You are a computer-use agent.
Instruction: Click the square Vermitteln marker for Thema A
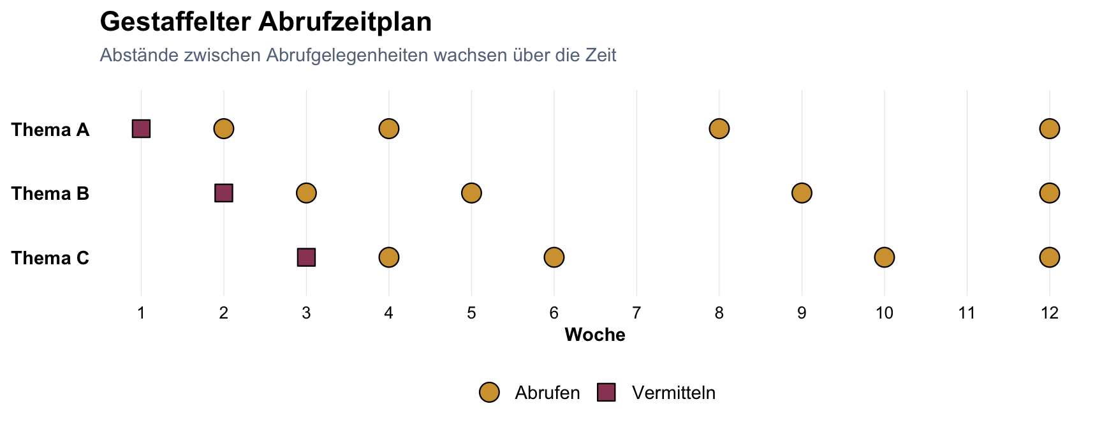pos(141,128)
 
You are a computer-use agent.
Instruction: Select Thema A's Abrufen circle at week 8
pos(719,128)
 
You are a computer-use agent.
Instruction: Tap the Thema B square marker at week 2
pos(224,193)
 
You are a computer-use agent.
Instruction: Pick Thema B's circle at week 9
pos(802,193)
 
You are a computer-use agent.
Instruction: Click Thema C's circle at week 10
pos(884,257)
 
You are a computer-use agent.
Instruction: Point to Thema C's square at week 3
pos(306,257)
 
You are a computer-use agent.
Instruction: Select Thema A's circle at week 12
pos(1049,128)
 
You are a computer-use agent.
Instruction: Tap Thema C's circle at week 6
pos(554,257)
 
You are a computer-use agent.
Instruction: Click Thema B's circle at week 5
pos(471,193)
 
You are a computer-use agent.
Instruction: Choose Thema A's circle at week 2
pos(224,128)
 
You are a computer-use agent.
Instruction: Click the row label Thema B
pos(50,193)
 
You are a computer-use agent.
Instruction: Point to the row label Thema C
pos(50,258)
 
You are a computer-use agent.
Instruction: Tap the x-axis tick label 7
pos(636,313)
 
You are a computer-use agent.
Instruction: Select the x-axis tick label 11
pos(967,313)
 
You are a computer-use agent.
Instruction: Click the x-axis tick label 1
pos(141,313)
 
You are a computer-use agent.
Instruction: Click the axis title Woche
pos(595,335)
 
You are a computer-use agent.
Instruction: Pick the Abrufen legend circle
pos(489,393)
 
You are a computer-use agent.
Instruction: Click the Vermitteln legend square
pos(606,393)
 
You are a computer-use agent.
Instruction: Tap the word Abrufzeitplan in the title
pos(345,22)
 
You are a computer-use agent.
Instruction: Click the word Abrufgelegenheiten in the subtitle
pos(347,56)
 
